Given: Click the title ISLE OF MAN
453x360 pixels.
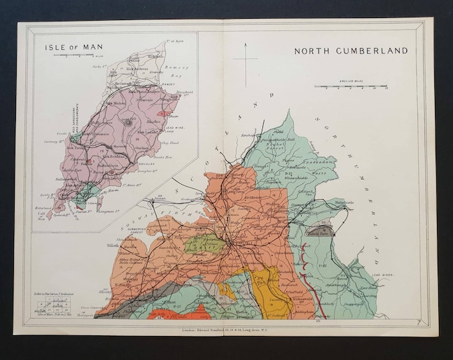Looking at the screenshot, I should [70, 48].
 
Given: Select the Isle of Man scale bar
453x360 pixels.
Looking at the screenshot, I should [73, 58].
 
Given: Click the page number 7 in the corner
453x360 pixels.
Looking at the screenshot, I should [413, 322].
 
